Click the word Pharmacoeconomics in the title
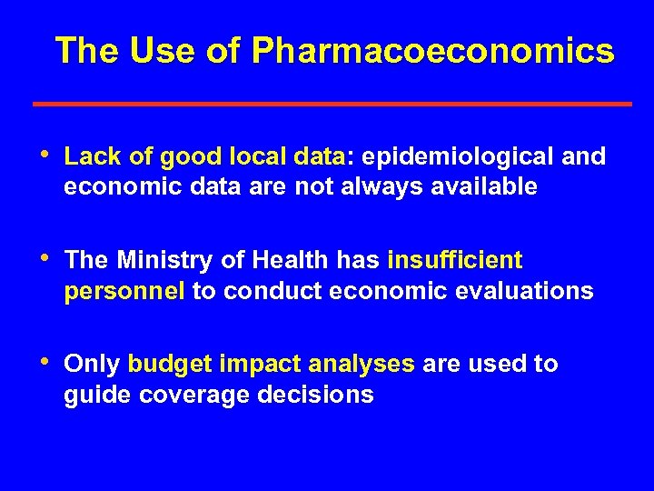tap(433, 52)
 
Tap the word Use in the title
tap(159, 52)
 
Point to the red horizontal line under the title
tap(332, 105)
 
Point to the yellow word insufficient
tap(455, 261)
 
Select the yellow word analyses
tap(362, 365)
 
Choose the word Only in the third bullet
tap(93, 365)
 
